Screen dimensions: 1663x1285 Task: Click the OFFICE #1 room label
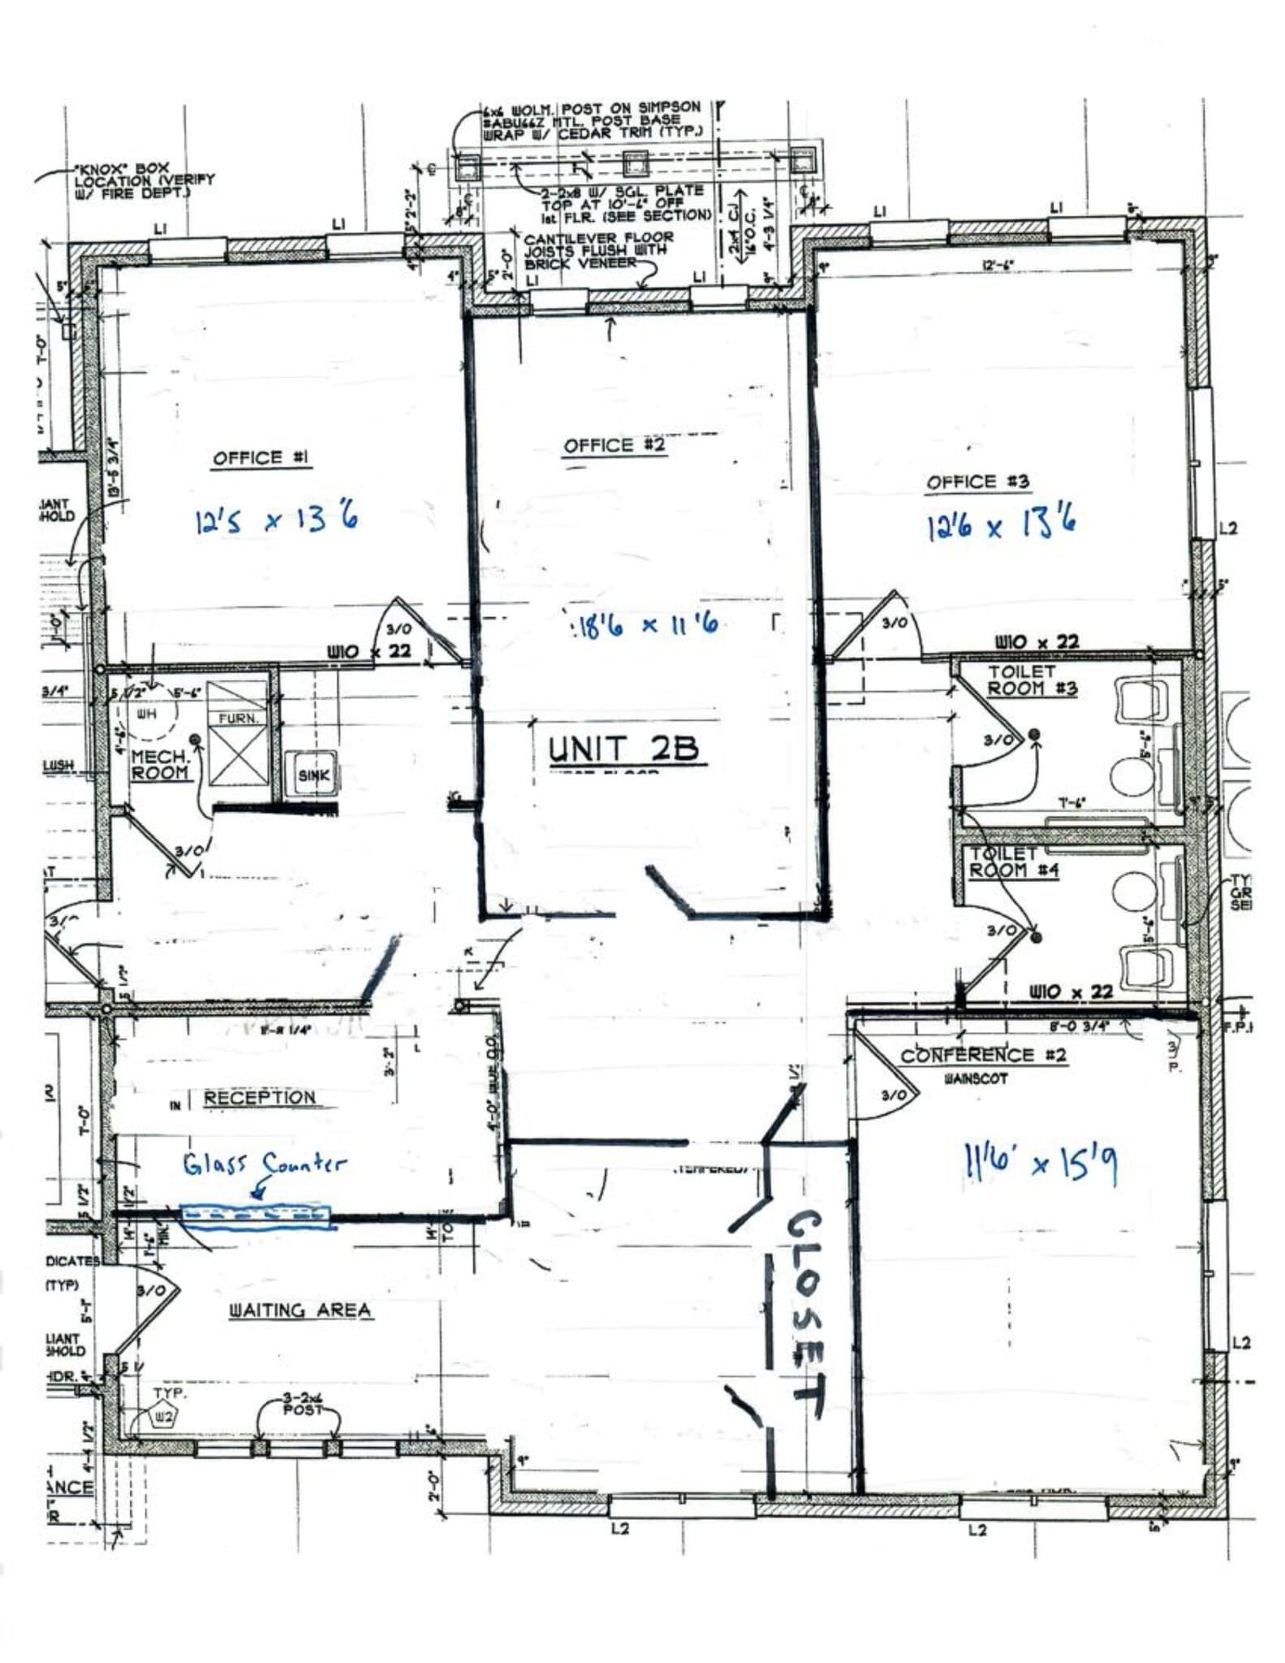(261, 459)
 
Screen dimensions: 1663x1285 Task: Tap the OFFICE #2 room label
(614, 446)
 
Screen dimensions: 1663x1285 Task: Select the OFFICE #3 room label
(977, 482)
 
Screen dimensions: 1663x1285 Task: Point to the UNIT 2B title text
(623, 749)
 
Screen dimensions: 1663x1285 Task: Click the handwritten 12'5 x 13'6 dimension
(276, 519)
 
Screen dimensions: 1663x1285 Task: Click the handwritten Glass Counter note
(264, 1165)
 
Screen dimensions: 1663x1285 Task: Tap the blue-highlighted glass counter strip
(257, 1216)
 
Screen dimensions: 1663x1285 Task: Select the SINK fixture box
(313, 775)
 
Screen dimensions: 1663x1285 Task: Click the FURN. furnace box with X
(237, 733)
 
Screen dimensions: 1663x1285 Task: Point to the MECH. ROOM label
(160, 764)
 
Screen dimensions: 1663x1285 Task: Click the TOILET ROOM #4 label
(1003, 862)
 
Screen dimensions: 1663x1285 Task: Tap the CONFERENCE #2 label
(983, 1056)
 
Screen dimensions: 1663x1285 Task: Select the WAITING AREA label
(300, 1311)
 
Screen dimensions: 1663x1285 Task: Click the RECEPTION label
(259, 1098)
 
